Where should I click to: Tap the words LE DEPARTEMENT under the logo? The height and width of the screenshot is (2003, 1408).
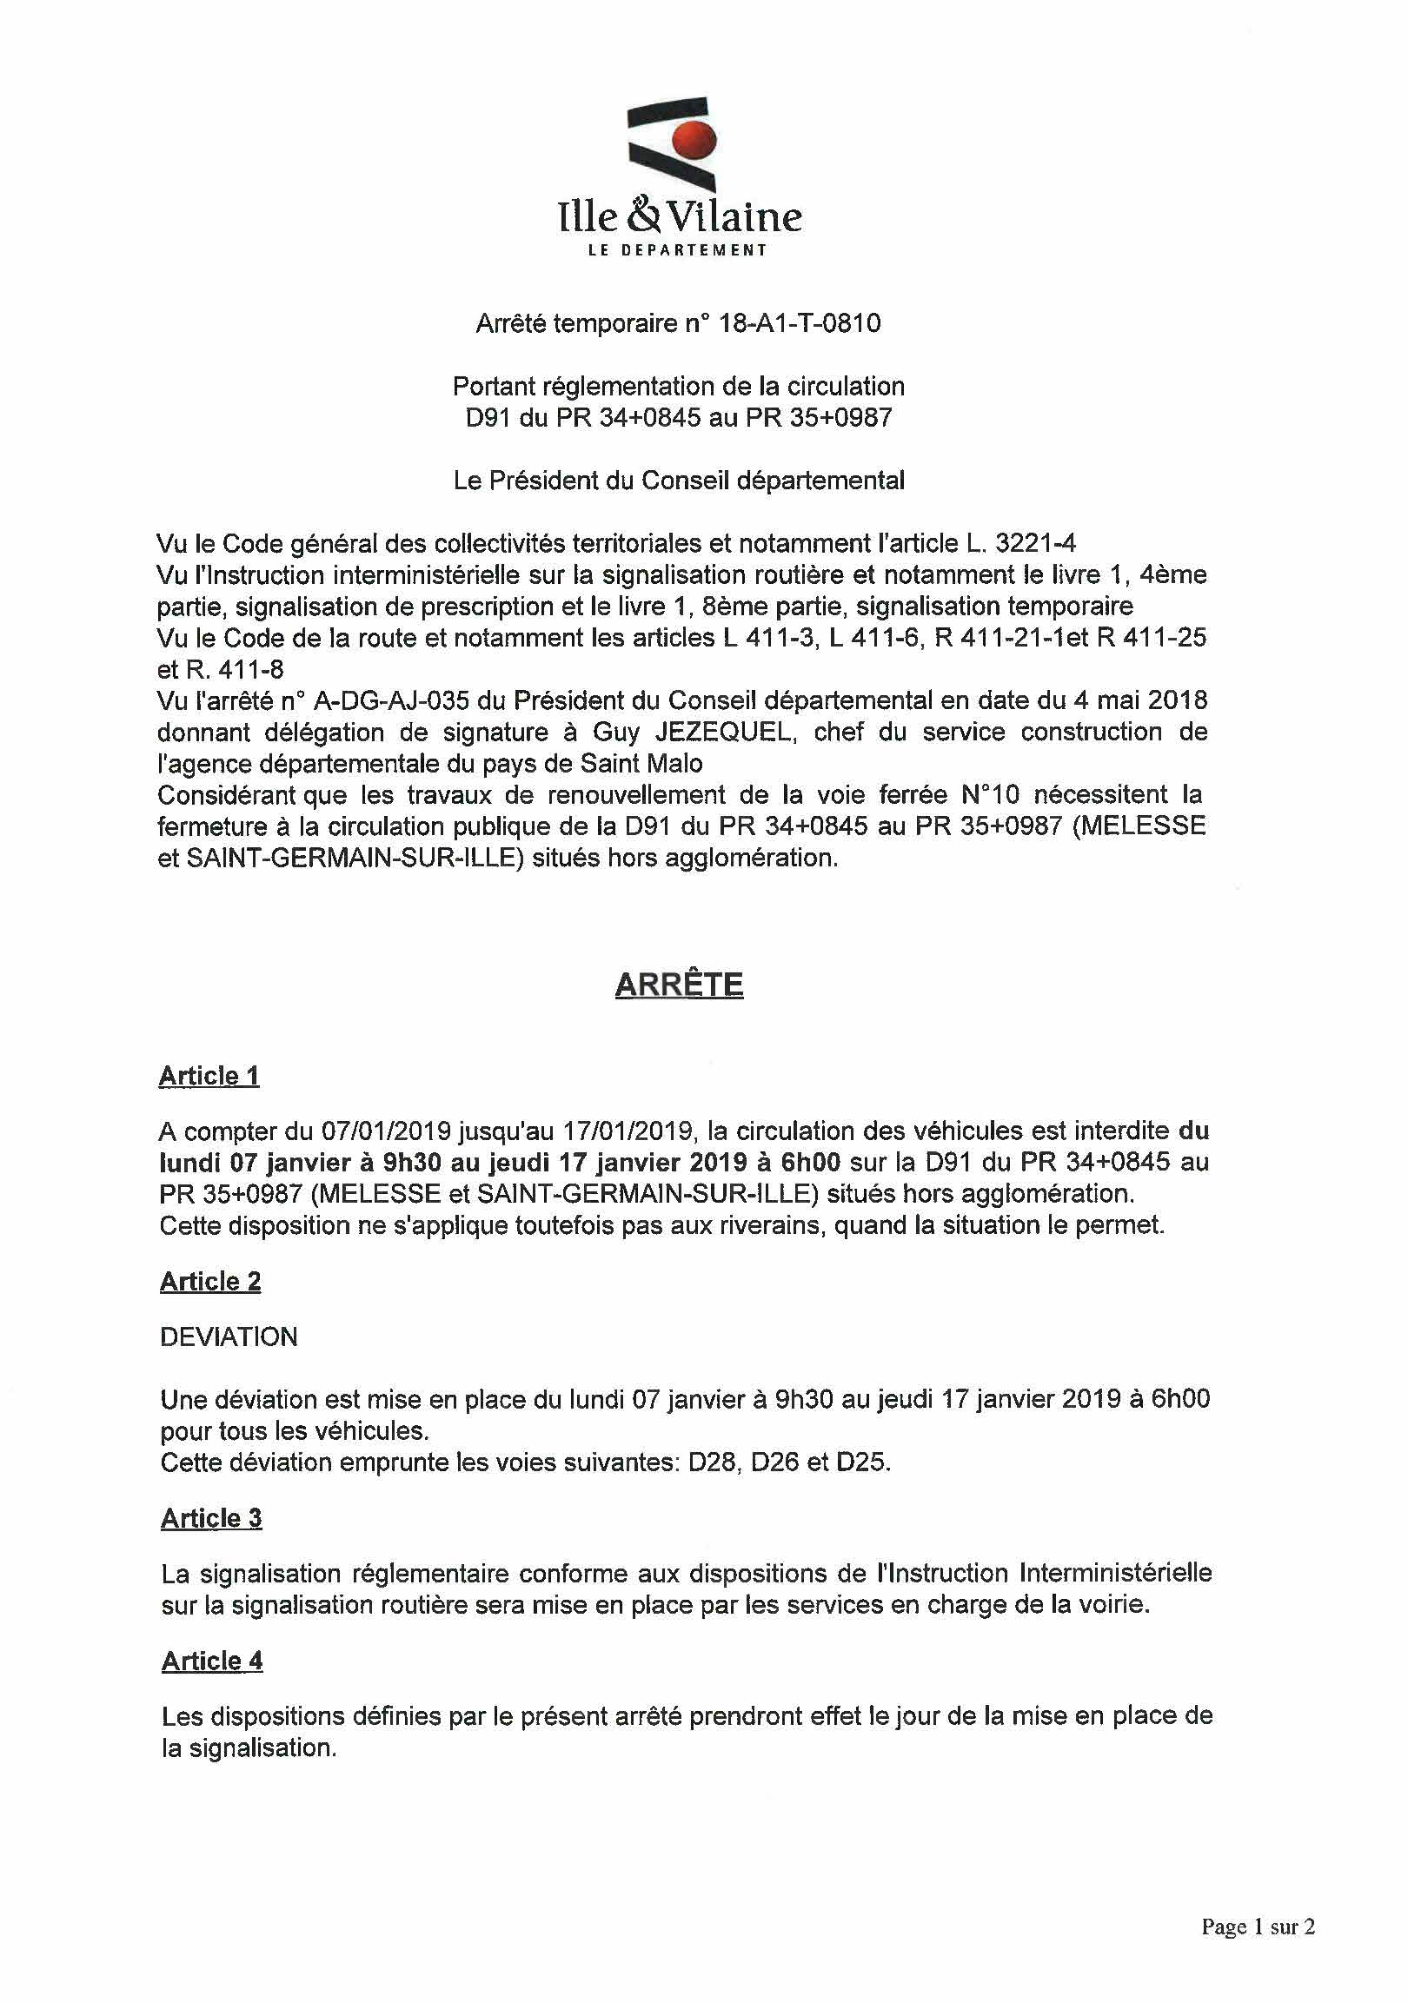click(x=678, y=250)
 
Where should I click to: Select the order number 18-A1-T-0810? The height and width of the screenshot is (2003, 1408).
click(x=798, y=323)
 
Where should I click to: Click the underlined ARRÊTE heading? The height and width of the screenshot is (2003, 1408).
click(x=679, y=984)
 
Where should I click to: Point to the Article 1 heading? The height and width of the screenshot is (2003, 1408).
click(x=209, y=1076)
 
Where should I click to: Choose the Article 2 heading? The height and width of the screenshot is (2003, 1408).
click(x=210, y=1281)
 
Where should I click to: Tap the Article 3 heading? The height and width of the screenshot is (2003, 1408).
click(x=211, y=1518)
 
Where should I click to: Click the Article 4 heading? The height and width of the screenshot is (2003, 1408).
click(x=212, y=1661)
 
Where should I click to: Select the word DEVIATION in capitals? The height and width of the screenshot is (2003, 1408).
click(x=229, y=1336)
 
